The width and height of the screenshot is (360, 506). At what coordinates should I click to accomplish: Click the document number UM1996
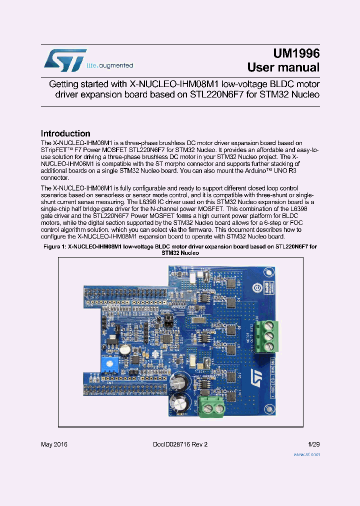tap(296, 54)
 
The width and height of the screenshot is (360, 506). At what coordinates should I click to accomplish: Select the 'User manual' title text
tap(283, 67)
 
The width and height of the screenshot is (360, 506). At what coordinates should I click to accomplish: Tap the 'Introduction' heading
tap(65, 133)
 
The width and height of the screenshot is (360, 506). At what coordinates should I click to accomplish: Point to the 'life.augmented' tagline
tap(110, 65)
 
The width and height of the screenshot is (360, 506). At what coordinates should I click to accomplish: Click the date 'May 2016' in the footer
tap(54, 444)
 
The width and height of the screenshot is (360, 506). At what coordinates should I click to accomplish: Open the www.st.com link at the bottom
tap(306, 454)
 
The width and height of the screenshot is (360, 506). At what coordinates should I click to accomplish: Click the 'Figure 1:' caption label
tap(55, 247)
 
